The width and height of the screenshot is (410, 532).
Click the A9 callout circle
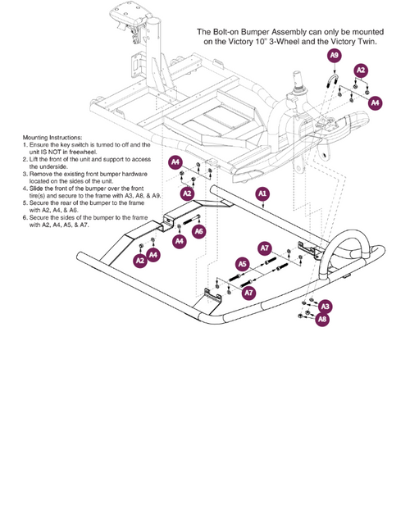(x=335, y=55)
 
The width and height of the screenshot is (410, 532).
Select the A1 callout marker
(x=262, y=193)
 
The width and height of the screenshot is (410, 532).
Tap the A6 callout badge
(x=199, y=231)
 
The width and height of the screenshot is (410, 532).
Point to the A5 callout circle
(x=243, y=264)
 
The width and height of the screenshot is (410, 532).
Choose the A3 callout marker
(x=326, y=307)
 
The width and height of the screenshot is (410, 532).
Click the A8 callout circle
(x=322, y=319)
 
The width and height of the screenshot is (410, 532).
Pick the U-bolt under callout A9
(x=331, y=82)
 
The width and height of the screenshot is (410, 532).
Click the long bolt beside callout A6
(x=192, y=221)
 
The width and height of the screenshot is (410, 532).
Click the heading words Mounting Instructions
(x=52, y=138)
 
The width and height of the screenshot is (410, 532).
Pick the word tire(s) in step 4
(x=37, y=196)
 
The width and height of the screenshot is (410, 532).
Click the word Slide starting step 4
(x=35, y=189)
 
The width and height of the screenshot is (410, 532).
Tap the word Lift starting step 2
(x=34, y=160)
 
